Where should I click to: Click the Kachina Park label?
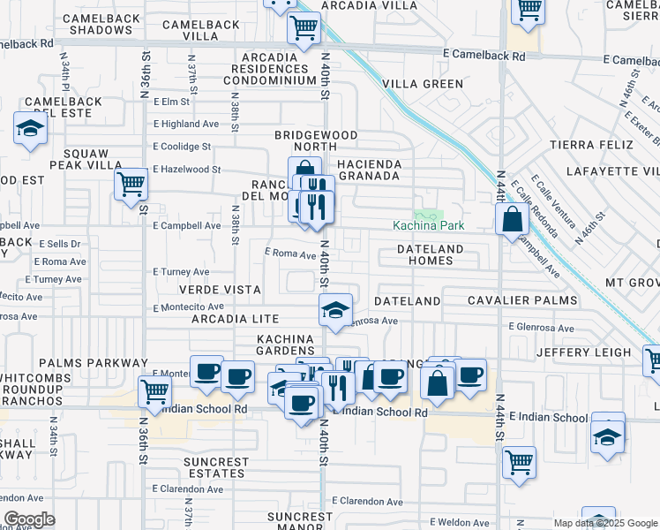pyautogui.click(x=428, y=225)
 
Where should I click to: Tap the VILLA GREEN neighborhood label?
pyautogui.click(x=423, y=84)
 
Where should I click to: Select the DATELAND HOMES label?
pyautogui.click(x=431, y=255)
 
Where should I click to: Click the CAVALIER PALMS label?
pyautogui.click(x=522, y=300)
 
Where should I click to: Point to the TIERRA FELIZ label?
pyautogui.click(x=591, y=144)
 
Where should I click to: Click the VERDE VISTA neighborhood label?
pyautogui.click(x=220, y=290)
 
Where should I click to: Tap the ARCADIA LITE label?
pyautogui.click(x=229, y=319)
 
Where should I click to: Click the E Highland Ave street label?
pyautogui.click(x=185, y=125)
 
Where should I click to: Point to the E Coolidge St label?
pyautogui.click(x=182, y=147)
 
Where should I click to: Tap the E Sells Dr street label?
pyautogui.click(x=58, y=243)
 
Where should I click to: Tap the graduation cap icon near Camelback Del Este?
pyautogui.click(x=30, y=130)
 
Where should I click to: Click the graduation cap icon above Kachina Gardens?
pyautogui.click(x=335, y=310)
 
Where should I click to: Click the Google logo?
pyautogui.click(x=29, y=520)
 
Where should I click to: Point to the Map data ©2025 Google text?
pyautogui.click(x=605, y=523)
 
